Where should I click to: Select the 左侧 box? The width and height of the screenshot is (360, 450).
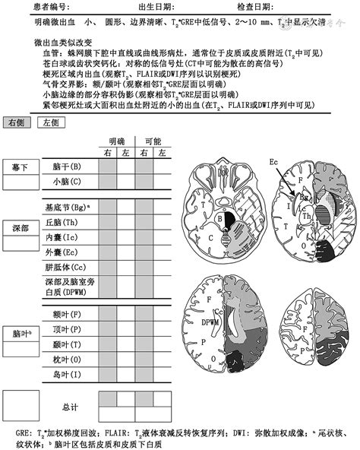(x=50, y=122)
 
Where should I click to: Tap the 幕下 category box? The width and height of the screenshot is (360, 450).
(x=21, y=166)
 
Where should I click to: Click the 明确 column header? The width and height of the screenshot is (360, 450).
(x=118, y=141)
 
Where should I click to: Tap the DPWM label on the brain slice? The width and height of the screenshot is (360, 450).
(x=209, y=322)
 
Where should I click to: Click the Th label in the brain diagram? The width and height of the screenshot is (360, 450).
(x=307, y=214)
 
